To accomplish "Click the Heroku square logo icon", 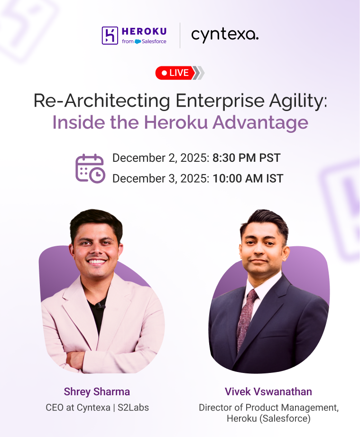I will (x=110, y=36).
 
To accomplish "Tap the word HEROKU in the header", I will (x=144, y=31).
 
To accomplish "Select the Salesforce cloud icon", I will (x=138, y=42).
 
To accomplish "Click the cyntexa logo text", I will (x=225, y=35).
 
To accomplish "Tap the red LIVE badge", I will (x=174, y=73).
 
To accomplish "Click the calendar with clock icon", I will (x=90, y=168).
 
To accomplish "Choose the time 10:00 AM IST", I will (x=248, y=178).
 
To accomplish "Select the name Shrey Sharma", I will (x=97, y=392).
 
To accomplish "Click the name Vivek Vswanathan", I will (x=268, y=392).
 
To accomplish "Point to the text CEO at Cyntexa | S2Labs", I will (x=97, y=407).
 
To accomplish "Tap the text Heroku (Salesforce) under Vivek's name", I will (x=268, y=419).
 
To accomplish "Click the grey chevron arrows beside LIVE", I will (x=199, y=73).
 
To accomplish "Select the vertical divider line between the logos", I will (x=180, y=35).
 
